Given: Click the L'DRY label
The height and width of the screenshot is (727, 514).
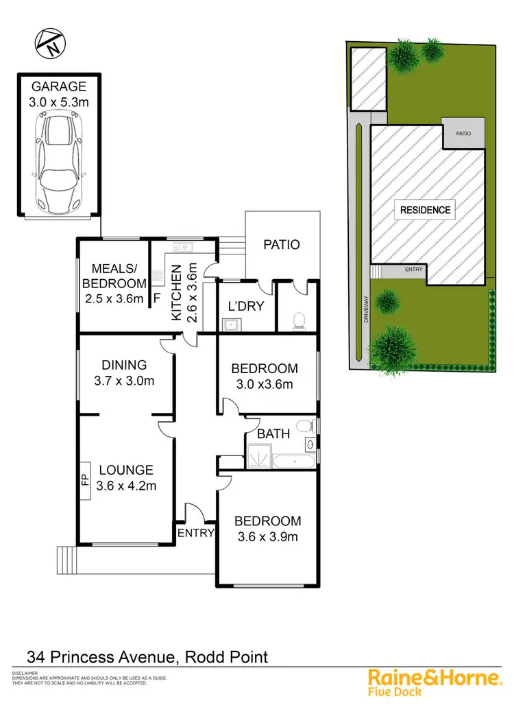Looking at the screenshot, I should pyautogui.click(x=245, y=307).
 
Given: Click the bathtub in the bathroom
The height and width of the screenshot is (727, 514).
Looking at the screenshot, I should pyautogui.click(x=293, y=459).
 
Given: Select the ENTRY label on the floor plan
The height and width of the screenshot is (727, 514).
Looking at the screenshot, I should pyautogui.click(x=196, y=533).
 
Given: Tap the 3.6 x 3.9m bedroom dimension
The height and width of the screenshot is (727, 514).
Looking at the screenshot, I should pyautogui.click(x=267, y=536).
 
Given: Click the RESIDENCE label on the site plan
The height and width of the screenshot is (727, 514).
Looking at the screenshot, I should pyautogui.click(x=426, y=210).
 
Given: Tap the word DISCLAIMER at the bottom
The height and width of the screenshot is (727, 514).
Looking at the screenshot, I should pyautogui.click(x=25, y=674).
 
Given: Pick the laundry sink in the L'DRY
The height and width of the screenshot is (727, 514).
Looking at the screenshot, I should pyautogui.click(x=232, y=324).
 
